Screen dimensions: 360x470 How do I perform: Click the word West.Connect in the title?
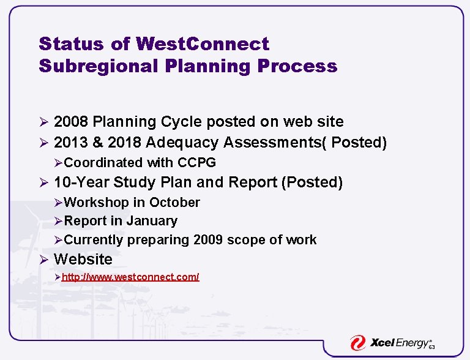tap(203, 44)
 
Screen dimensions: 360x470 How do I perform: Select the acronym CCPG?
tap(196, 163)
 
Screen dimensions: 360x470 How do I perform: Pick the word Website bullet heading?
tap(83, 260)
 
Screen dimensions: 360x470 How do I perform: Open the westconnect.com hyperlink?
tap(130, 277)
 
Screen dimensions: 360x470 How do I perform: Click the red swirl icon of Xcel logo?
tap(357, 343)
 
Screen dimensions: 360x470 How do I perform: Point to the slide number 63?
tap(431, 348)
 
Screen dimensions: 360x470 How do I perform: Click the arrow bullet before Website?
tap(43, 260)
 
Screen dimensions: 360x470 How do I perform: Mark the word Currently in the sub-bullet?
tap(94, 240)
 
